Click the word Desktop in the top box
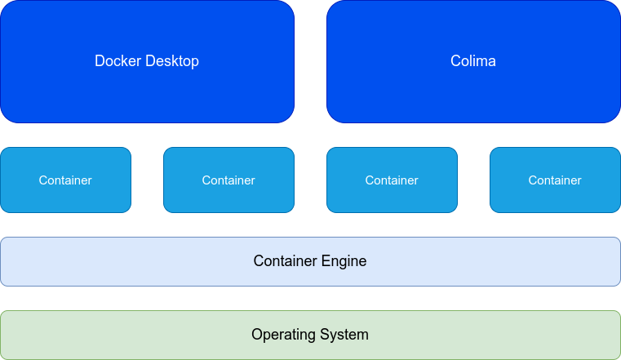click(x=172, y=61)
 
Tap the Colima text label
click(x=473, y=61)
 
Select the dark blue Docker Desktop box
click(x=147, y=90)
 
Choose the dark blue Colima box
click(x=473, y=90)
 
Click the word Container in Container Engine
click(x=285, y=261)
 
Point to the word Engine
click(x=344, y=262)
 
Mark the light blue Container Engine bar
click(x=122, y=261)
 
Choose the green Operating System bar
click(x=122, y=335)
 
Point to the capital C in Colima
click(x=455, y=61)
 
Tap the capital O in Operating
click(x=256, y=335)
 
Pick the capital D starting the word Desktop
click(x=150, y=61)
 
